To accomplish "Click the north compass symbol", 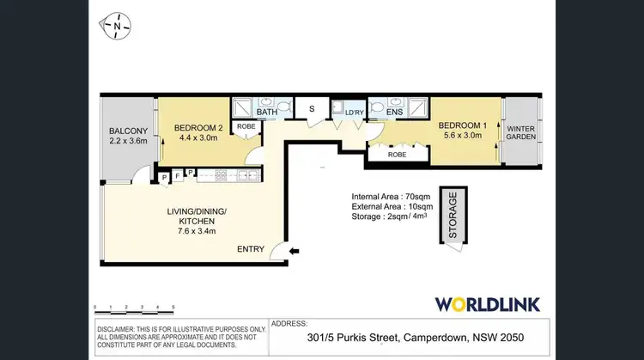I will (114, 27).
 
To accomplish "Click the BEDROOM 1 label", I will (464, 125).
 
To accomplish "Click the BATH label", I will (267, 112).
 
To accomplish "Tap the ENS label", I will (394, 112).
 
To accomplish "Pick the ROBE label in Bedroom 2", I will (246, 127).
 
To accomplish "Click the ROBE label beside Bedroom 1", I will (397, 156).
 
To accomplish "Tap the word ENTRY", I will (250, 250).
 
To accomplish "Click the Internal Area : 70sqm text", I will (392, 196).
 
